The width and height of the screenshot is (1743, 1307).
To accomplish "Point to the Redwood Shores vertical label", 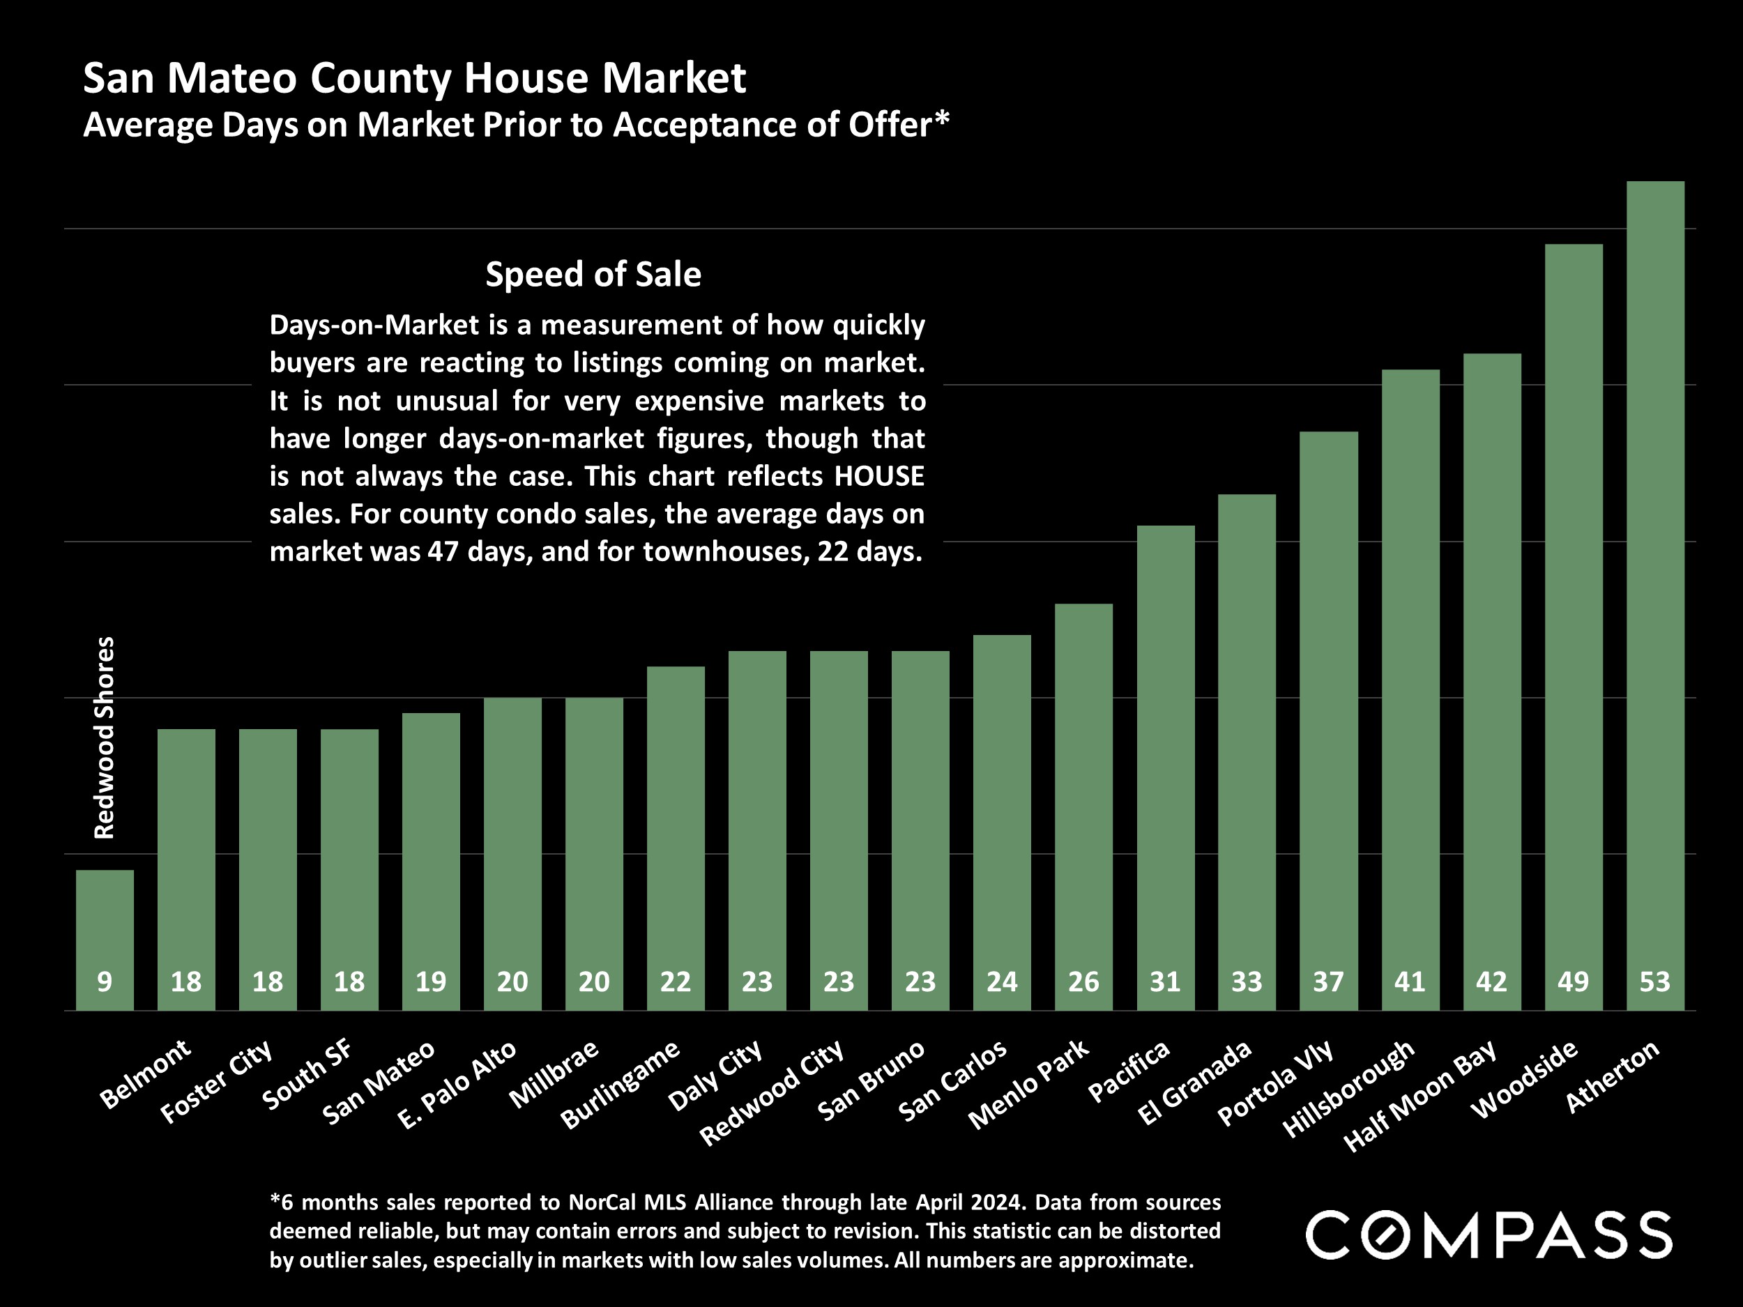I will [x=105, y=737].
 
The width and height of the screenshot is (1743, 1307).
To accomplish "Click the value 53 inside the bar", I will [x=1654, y=981].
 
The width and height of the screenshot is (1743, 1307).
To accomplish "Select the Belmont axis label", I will [x=146, y=1073].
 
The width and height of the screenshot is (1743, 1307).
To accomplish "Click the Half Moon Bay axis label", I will [x=1420, y=1095].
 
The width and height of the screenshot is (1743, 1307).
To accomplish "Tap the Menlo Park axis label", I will [x=1029, y=1084].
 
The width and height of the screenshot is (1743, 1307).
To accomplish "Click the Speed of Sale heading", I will [x=593, y=274].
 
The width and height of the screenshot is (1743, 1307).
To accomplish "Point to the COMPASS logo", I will [x=1489, y=1235].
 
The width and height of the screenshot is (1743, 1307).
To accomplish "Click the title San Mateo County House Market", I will [x=414, y=78].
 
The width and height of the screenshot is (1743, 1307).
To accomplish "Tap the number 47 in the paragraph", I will [x=443, y=551].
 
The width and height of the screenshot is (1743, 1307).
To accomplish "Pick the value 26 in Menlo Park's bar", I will [x=1083, y=981].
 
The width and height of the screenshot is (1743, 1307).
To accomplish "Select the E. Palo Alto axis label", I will [x=458, y=1084].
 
